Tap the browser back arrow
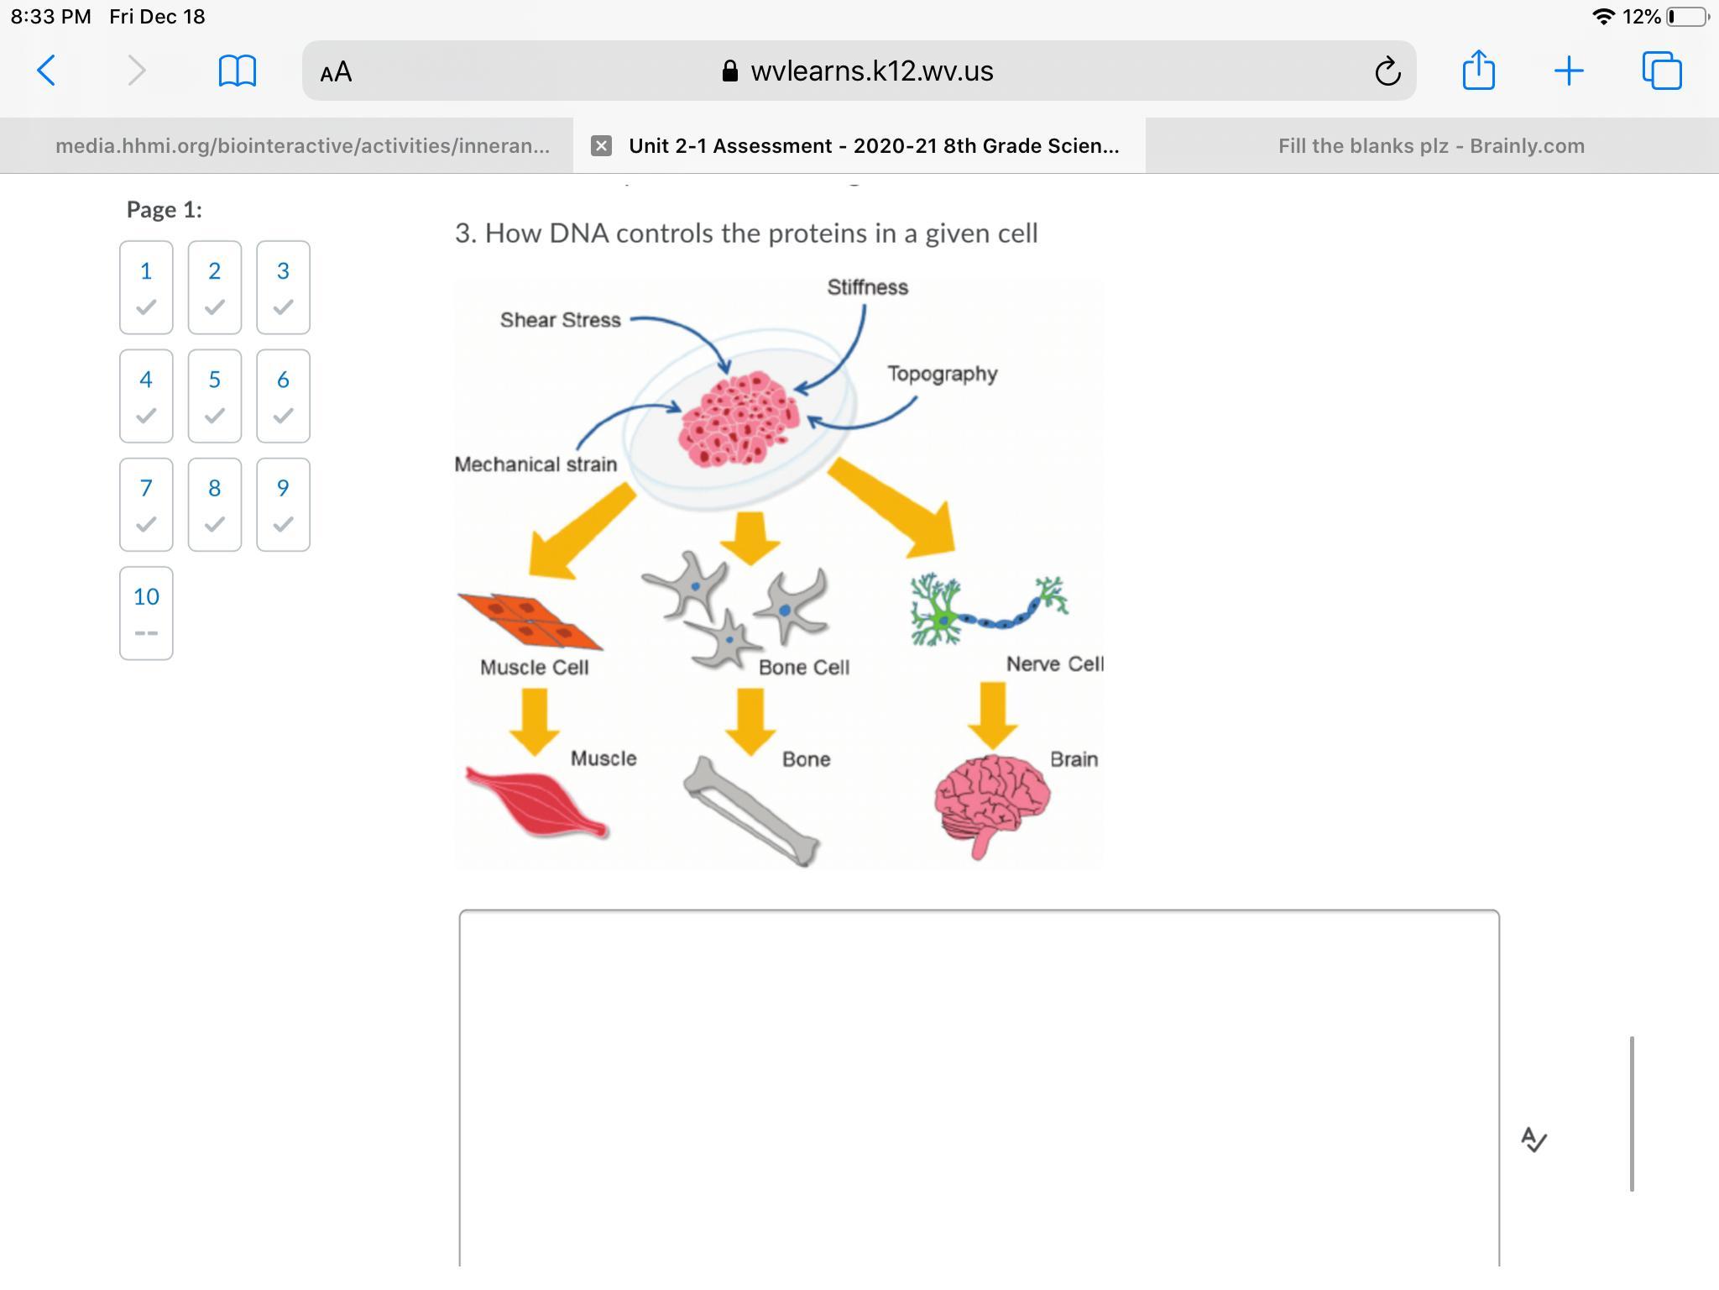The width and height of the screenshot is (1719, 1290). [47, 71]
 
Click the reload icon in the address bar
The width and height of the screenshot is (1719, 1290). [1387, 71]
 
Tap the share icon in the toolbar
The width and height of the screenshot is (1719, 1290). [1478, 70]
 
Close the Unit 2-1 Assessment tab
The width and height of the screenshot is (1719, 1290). [601, 146]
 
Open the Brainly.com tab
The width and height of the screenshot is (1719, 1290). [1431, 146]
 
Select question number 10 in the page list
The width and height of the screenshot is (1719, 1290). [146, 612]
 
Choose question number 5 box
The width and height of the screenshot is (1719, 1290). [214, 396]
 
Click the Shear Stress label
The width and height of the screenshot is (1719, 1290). [560, 320]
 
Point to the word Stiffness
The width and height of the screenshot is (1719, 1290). [867, 287]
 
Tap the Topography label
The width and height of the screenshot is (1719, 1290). [942, 374]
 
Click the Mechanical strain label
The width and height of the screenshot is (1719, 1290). [536, 464]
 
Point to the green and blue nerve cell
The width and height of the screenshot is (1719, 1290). [987, 611]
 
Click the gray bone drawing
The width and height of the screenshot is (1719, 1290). [751, 811]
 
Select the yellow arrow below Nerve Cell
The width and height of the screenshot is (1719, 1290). [992, 714]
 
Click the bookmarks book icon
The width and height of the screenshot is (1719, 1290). [237, 71]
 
